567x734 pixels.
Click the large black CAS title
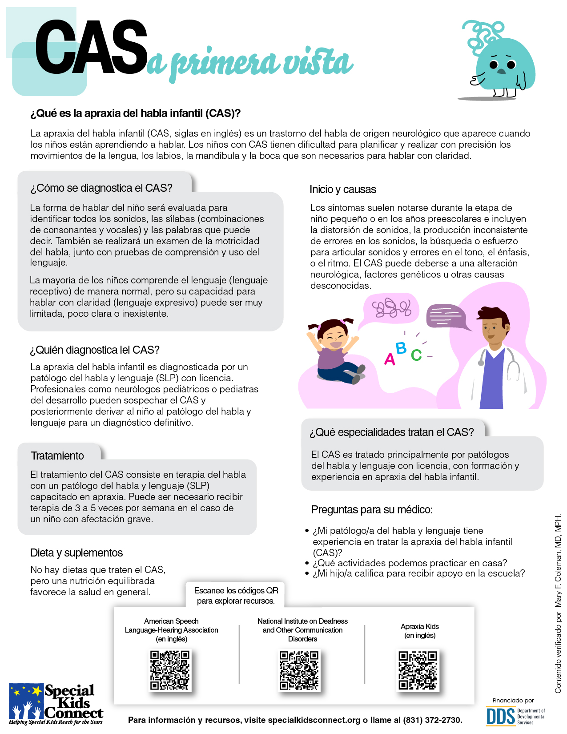[x=91, y=48]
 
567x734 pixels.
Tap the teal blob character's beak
[x=501, y=71]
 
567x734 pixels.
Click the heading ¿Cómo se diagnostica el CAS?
[x=101, y=188]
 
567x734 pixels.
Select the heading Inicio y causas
[x=343, y=190]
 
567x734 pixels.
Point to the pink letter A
[x=390, y=359]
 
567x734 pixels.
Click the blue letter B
[x=401, y=348]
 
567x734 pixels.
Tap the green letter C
[x=416, y=355]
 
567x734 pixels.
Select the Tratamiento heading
[x=57, y=456]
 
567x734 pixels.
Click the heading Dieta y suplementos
[x=76, y=553]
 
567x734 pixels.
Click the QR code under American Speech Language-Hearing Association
[x=170, y=670]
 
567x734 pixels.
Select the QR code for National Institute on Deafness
[x=299, y=670]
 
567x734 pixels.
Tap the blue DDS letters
[x=500, y=716]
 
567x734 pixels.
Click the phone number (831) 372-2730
[x=432, y=720]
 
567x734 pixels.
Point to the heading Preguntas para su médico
[x=372, y=510]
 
